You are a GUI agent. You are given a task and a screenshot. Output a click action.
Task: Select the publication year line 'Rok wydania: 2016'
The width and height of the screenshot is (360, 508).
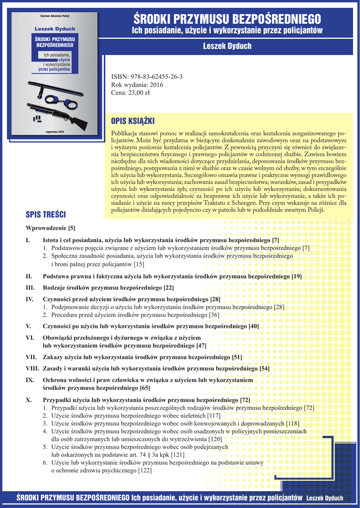click(x=137, y=85)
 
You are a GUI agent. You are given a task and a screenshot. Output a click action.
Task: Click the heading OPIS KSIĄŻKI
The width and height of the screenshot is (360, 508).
click(x=133, y=121)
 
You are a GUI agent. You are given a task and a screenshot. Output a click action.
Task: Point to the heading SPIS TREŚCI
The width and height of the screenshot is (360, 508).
click(x=46, y=215)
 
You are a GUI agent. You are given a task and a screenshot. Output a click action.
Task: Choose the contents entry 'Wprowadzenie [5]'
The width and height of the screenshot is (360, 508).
click(x=51, y=228)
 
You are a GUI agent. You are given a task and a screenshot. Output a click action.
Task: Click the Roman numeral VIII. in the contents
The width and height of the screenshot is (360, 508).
click(x=32, y=369)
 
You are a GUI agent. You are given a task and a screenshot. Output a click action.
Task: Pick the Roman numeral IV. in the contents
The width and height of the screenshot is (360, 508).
click(x=30, y=299)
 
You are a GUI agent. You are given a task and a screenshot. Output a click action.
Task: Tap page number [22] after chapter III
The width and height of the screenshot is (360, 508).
click(x=169, y=288)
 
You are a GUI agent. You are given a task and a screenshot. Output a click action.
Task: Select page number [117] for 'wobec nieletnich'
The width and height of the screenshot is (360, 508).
click(x=214, y=416)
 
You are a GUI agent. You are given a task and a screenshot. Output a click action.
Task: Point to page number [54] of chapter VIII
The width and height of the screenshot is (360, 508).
click(x=264, y=369)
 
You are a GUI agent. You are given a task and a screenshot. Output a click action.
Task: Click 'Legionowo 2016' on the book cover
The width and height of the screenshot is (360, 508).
click(x=55, y=131)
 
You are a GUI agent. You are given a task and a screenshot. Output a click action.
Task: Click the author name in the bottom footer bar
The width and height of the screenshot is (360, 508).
click(x=325, y=498)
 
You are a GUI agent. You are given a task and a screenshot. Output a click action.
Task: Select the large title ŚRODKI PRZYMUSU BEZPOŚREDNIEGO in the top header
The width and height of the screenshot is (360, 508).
click(x=227, y=19)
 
